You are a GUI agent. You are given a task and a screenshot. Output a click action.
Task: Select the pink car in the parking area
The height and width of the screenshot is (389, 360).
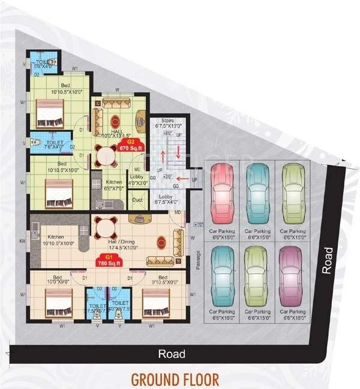[221, 195]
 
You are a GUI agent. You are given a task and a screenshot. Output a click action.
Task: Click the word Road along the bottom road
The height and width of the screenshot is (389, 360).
[171, 354]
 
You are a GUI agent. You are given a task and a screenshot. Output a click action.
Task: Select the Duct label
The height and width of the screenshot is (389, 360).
[137, 200]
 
